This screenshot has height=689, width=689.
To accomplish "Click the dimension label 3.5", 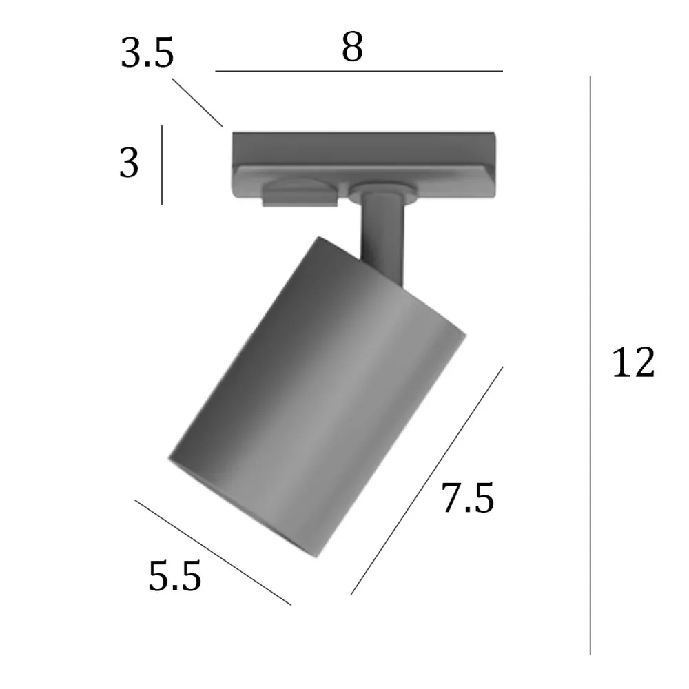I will [x=147, y=54].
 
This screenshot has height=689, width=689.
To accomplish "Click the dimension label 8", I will [x=352, y=48].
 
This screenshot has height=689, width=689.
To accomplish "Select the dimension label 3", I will [x=129, y=164].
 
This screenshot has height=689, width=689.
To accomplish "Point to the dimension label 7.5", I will [x=468, y=499].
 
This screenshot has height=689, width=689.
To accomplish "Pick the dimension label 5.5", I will [x=174, y=577].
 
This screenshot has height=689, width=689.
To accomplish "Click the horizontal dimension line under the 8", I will [x=358, y=71].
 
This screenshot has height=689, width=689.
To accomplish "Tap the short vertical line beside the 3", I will [x=162, y=165].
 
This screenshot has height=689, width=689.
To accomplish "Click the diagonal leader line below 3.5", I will [x=198, y=103].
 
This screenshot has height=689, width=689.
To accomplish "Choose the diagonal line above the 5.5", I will [x=213, y=552].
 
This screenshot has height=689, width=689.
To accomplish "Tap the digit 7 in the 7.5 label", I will [x=453, y=499].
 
